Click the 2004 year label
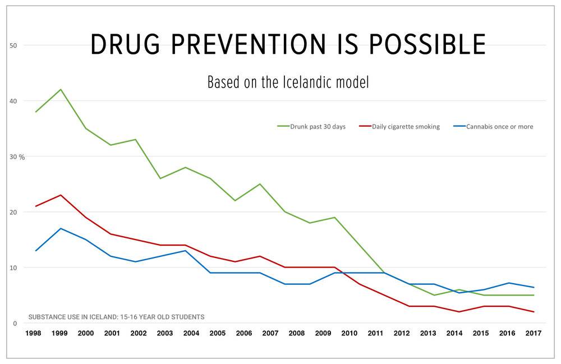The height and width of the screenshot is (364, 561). coord(191,334)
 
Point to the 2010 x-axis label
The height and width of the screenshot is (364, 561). coord(350,334)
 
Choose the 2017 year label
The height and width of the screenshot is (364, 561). coord(534,334)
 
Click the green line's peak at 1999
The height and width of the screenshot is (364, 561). coord(61,89)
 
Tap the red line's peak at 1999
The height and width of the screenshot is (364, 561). coord(61,195)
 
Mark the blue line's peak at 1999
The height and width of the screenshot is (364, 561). coord(61,228)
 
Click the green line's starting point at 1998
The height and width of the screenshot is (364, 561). coord(36,112)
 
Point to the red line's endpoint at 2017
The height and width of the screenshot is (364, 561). coord(534,312)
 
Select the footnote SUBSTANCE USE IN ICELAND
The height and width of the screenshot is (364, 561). coord(116,317)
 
